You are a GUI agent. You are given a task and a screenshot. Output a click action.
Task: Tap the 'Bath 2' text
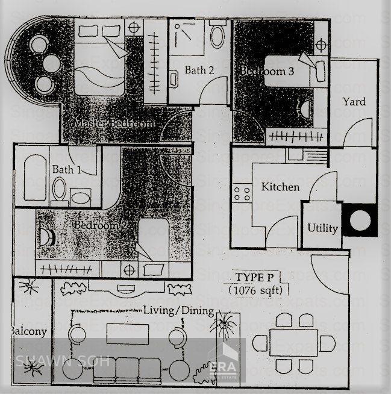click(x=199, y=70)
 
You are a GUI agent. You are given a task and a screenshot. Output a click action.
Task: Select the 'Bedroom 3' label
click(x=267, y=72)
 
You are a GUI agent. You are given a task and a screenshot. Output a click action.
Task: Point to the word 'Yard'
click(x=354, y=101)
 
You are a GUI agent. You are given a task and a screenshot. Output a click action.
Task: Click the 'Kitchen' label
click(x=280, y=187)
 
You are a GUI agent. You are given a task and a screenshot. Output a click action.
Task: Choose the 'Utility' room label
click(x=323, y=228)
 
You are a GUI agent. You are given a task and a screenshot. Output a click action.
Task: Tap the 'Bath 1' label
click(x=67, y=169)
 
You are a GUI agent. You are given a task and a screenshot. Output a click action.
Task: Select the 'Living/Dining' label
click(x=178, y=311)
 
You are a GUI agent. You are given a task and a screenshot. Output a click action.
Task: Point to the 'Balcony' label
click(x=28, y=331)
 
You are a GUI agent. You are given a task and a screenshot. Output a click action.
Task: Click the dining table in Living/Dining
click(x=293, y=344)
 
